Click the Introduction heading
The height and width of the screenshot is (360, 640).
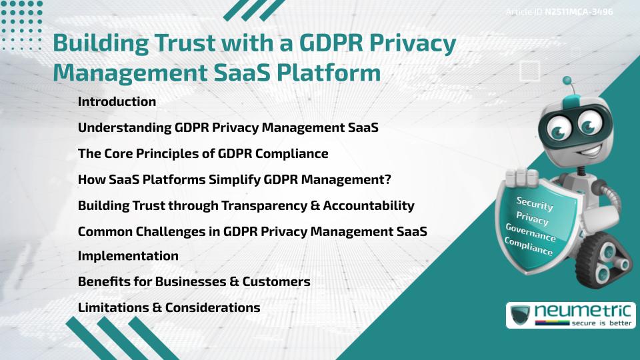[x=117, y=102]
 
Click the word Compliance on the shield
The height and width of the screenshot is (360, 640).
[x=529, y=247]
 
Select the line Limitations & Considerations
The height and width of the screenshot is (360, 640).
[x=169, y=307]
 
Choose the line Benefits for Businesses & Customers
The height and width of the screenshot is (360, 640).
[x=194, y=281]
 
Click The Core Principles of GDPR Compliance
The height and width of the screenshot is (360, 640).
[x=203, y=153]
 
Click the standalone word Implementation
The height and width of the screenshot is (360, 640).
[x=128, y=256]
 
